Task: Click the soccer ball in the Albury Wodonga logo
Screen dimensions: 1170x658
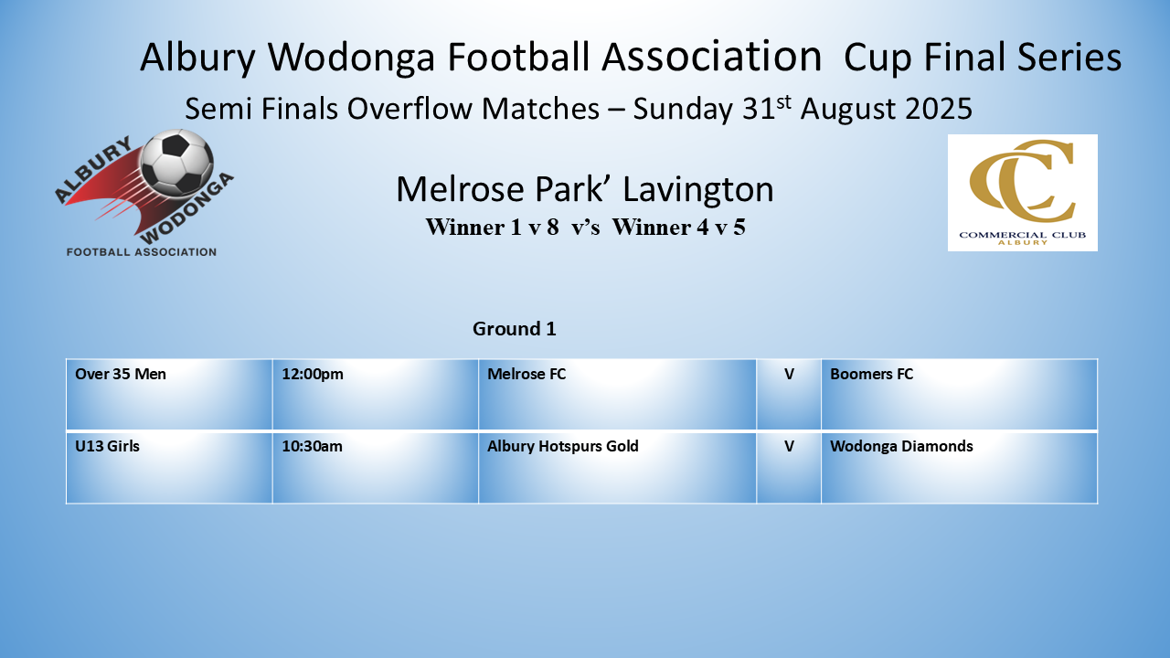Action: click(x=177, y=162)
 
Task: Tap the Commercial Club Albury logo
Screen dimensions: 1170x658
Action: click(x=1022, y=193)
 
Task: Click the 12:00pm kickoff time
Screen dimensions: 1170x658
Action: click(x=313, y=374)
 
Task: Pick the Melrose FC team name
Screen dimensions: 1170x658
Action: click(x=526, y=374)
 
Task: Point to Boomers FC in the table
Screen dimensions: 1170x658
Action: click(x=872, y=374)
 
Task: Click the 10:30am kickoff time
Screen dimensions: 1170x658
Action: click(x=313, y=446)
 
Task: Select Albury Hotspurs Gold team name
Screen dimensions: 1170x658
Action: click(x=562, y=446)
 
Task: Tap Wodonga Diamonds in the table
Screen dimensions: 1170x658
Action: click(x=901, y=446)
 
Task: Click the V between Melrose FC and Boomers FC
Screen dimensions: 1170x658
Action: click(x=789, y=374)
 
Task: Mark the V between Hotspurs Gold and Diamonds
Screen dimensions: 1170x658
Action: click(x=789, y=446)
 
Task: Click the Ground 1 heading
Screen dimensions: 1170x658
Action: click(x=515, y=328)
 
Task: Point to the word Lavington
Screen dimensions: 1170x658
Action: click(x=698, y=189)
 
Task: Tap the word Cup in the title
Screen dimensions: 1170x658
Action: click(x=877, y=58)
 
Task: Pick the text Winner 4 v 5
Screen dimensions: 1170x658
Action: click(x=679, y=228)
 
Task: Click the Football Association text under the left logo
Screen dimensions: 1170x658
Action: click(x=142, y=252)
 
